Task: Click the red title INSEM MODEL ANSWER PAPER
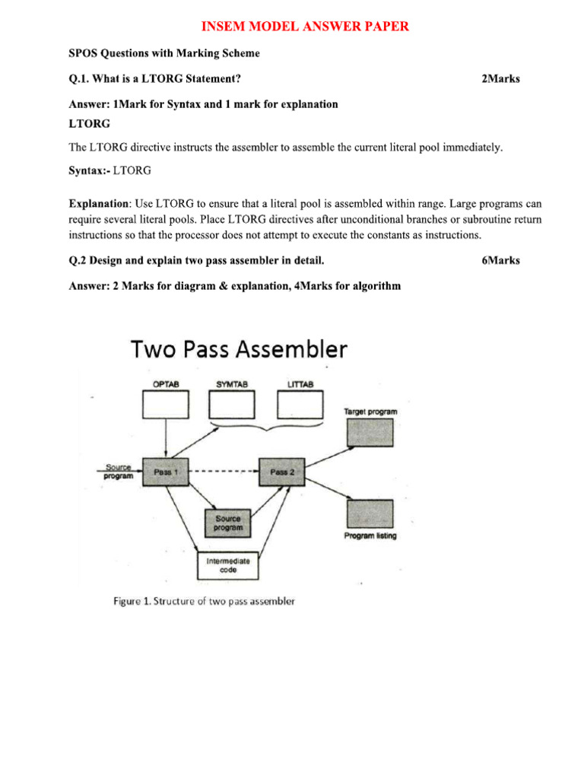[305, 27]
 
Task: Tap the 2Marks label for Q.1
[500, 79]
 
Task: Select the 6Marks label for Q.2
[500, 261]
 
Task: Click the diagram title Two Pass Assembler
[239, 350]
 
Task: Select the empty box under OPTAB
[166, 404]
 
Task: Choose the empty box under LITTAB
[300, 404]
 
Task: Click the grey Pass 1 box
[165, 472]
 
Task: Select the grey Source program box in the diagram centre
[228, 523]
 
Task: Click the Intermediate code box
[228, 565]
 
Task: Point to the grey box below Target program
[370, 432]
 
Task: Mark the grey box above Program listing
[370, 514]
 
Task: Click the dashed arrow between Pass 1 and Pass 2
[223, 472]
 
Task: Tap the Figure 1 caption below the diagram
[204, 601]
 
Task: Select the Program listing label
[370, 536]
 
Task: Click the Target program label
[370, 411]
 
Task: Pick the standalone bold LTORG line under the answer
[90, 123]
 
